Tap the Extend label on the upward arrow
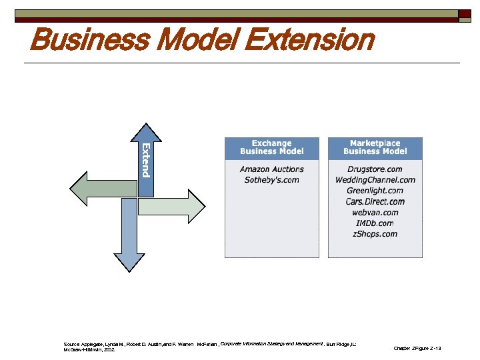(145, 160)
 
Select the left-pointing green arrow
(100, 189)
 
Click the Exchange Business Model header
(271, 147)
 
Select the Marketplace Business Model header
(375, 147)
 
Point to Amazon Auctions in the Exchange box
(271, 169)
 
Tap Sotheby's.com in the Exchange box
(271, 180)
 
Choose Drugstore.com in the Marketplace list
(375, 169)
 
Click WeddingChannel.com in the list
(375, 180)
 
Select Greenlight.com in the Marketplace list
(375, 191)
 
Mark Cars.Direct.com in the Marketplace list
(375, 201)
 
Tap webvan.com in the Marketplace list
(375, 212)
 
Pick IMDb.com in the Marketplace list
(375, 223)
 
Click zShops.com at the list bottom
(375, 233)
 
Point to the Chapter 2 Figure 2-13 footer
(417, 348)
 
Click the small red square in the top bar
(464, 13)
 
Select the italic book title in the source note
(271, 344)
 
